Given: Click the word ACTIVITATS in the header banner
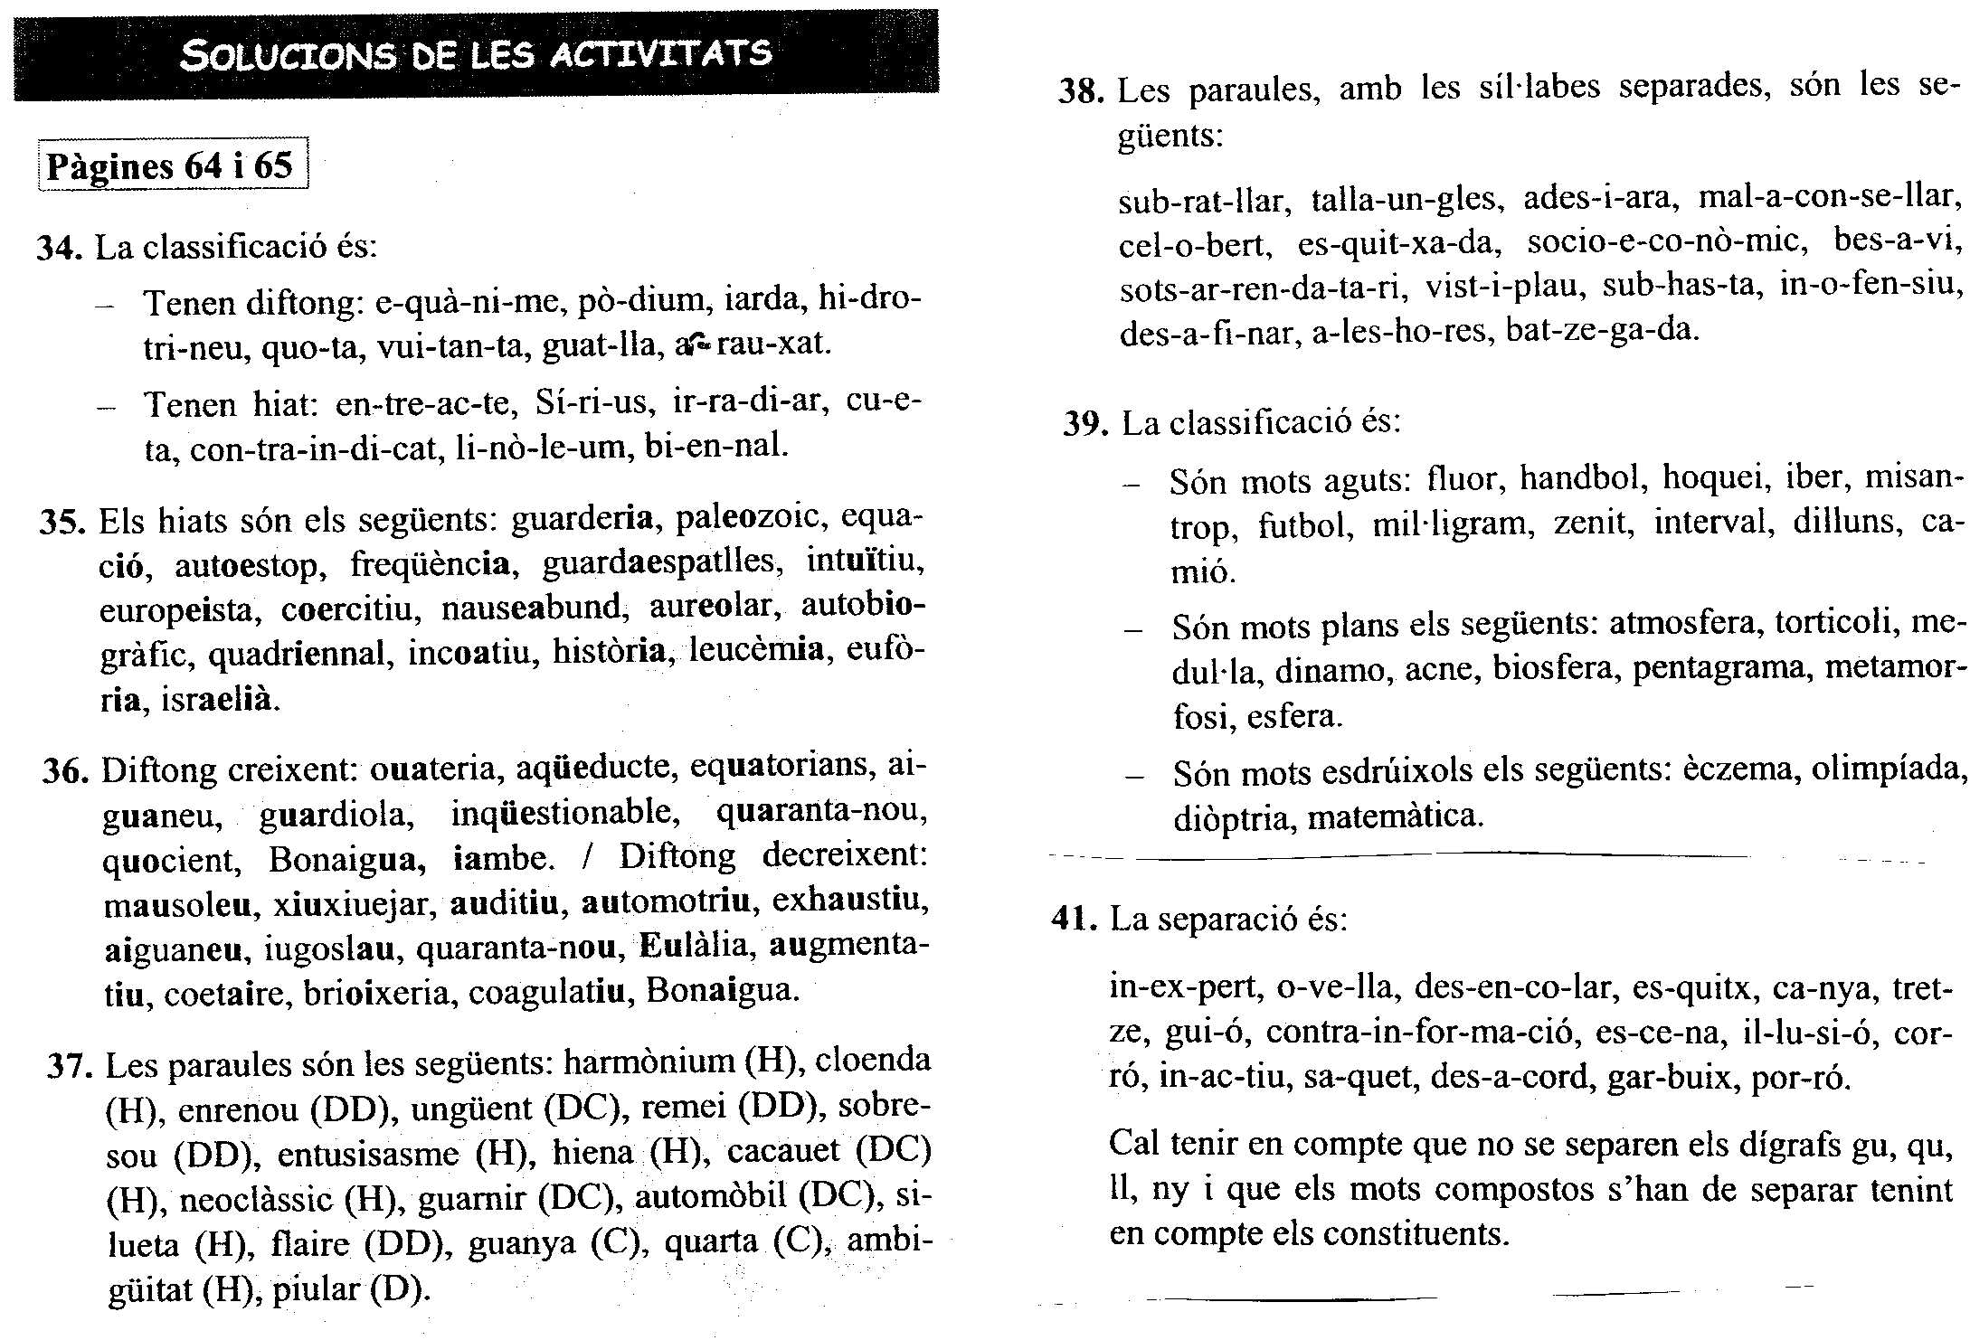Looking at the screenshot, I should point(660,54).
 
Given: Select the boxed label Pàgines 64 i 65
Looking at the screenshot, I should point(171,165).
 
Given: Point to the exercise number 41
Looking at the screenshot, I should point(1074,920).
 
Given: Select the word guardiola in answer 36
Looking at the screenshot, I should point(336,815).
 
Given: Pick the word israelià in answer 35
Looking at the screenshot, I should point(220,700).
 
